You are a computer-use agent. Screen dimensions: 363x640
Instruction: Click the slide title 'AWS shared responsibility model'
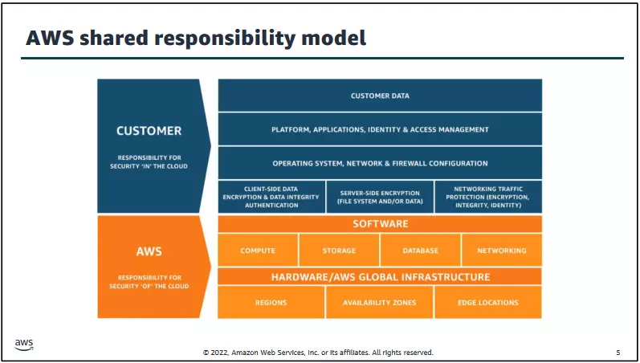[196, 37]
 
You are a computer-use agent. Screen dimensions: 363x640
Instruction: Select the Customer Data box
[380, 96]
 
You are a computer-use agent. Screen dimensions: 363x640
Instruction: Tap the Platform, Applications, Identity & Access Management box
[380, 129]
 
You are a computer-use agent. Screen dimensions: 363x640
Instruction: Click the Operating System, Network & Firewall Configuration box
[380, 163]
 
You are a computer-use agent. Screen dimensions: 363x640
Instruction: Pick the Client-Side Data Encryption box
[271, 197]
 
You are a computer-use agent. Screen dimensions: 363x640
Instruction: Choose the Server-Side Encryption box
[380, 197]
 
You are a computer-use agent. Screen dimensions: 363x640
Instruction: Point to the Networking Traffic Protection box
[488, 197]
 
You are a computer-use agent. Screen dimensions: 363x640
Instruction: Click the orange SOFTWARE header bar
[380, 224]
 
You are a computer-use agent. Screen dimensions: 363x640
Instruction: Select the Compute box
[258, 251]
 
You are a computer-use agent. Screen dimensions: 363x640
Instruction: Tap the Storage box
[339, 251]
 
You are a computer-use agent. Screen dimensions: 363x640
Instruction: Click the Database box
[420, 251]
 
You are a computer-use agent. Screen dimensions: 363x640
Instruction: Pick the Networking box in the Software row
[502, 251]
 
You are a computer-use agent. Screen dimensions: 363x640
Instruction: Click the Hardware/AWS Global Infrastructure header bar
[380, 277]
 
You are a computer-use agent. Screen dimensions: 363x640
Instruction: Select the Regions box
[271, 303]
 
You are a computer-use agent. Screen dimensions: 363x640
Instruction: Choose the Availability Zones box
[380, 303]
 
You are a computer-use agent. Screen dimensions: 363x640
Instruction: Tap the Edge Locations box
[488, 303]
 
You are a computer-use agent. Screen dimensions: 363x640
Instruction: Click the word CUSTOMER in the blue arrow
[149, 130]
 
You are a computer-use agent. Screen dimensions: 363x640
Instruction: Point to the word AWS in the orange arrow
[149, 251]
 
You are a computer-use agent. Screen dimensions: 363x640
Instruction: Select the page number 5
[618, 353]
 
